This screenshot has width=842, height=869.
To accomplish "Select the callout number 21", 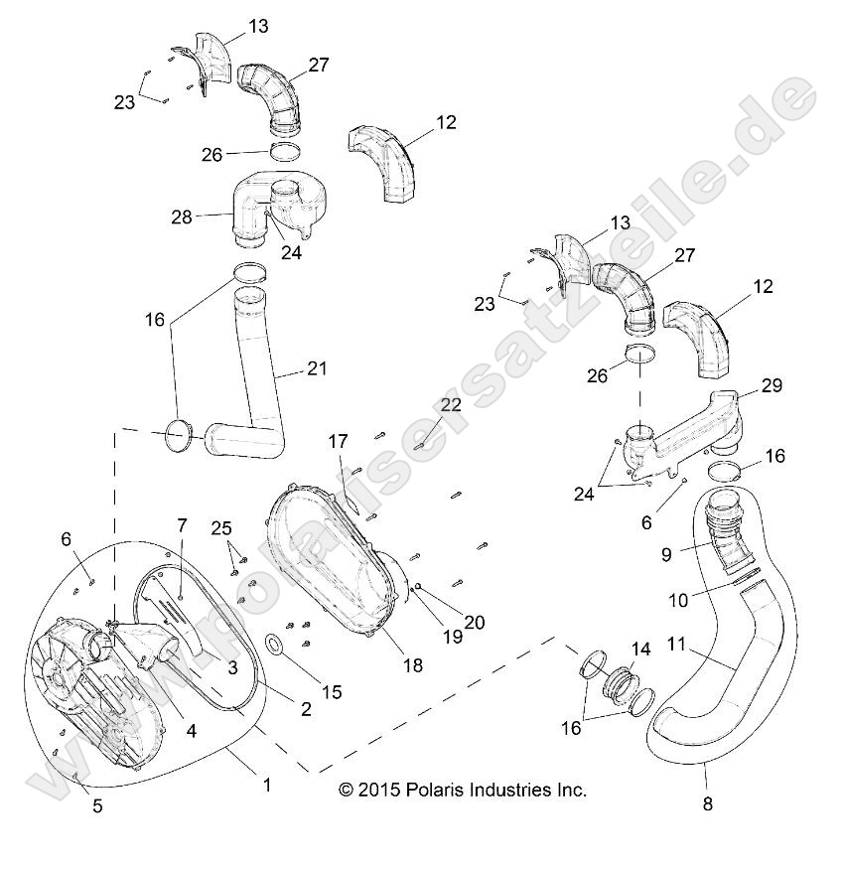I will coord(316,368).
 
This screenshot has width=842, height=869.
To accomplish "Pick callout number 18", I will coord(412,664).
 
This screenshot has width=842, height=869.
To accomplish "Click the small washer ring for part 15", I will coord(275,646).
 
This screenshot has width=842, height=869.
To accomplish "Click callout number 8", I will coord(707,804).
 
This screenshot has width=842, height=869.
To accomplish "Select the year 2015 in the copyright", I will coord(376,791).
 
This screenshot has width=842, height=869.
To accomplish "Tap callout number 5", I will coord(97,805).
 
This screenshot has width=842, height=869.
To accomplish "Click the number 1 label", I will coord(266,785).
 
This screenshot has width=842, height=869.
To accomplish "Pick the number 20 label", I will coord(474,623).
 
